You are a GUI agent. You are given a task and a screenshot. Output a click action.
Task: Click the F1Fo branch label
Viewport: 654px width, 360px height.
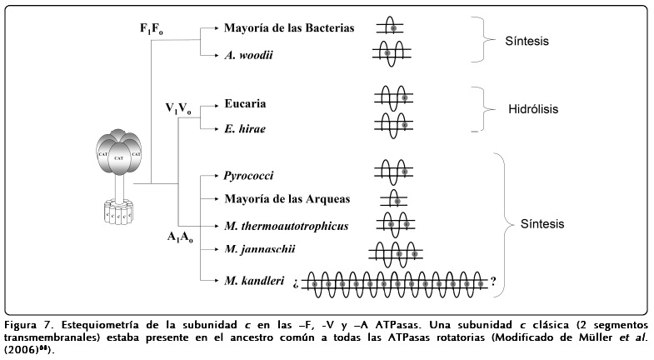click(152, 29)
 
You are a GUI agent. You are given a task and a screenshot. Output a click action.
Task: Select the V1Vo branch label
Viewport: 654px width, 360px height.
click(178, 108)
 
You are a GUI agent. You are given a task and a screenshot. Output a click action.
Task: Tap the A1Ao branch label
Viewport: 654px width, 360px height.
click(180, 237)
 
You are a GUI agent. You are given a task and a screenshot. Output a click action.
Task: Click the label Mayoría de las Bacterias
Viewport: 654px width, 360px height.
click(289, 27)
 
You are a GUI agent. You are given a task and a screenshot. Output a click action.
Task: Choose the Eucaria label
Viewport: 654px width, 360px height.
click(245, 104)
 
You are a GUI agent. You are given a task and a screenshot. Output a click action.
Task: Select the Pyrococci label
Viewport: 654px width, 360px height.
click(249, 177)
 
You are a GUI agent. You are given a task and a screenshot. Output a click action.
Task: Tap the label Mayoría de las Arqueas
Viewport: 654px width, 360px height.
click(286, 199)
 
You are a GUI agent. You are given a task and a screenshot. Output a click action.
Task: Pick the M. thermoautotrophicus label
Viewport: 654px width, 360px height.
click(286, 225)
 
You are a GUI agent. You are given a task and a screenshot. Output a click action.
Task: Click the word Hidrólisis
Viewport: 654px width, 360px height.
click(533, 109)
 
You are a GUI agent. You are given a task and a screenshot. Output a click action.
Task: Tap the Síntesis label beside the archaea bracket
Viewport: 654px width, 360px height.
click(542, 224)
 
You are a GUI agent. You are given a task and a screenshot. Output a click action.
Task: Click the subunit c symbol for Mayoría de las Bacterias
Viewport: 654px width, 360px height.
click(393, 27)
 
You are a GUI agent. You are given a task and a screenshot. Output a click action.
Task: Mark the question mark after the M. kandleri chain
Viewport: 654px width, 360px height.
click(493, 281)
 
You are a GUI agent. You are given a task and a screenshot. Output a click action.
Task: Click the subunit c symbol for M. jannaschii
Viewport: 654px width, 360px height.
click(394, 252)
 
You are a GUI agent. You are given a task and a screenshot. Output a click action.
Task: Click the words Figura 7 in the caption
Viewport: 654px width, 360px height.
click(26, 325)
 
